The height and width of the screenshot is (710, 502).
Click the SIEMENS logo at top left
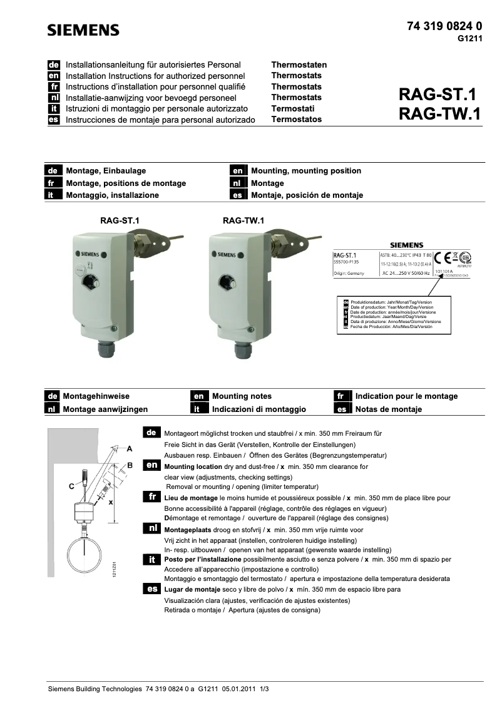(x=84, y=30)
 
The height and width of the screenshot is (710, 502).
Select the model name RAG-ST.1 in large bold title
(x=438, y=95)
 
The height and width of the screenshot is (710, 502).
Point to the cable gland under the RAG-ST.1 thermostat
(x=107, y=347)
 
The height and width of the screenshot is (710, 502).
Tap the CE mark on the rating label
(x=443, y=257)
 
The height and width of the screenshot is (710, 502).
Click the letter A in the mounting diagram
(x=129, y=448)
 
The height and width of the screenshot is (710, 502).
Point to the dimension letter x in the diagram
(x=111, y=502)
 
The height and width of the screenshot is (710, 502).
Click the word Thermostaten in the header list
(x=299, y=64)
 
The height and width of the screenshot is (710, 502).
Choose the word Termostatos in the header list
(x=296, y=119)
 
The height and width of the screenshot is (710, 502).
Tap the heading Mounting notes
(x=242, y=396)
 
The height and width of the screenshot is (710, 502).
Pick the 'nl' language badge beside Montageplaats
(x=152, y=528)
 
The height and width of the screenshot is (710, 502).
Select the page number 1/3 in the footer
(x=264, y=689)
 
